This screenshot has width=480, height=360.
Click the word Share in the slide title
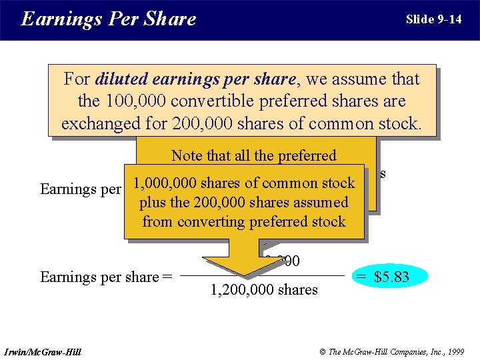[x=169, y=19]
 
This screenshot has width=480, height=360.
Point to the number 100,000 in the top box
[x=134, y=101]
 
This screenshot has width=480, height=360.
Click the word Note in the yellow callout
[x=187, y=156]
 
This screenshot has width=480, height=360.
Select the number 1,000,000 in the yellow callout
[x=163, y=183]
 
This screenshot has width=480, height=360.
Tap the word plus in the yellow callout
[x=152, y=203]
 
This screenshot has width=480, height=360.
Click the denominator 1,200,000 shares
[x=264, y=289]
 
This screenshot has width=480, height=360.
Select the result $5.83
[x=391, y=275]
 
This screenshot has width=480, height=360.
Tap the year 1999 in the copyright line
[x=455, y=351]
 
